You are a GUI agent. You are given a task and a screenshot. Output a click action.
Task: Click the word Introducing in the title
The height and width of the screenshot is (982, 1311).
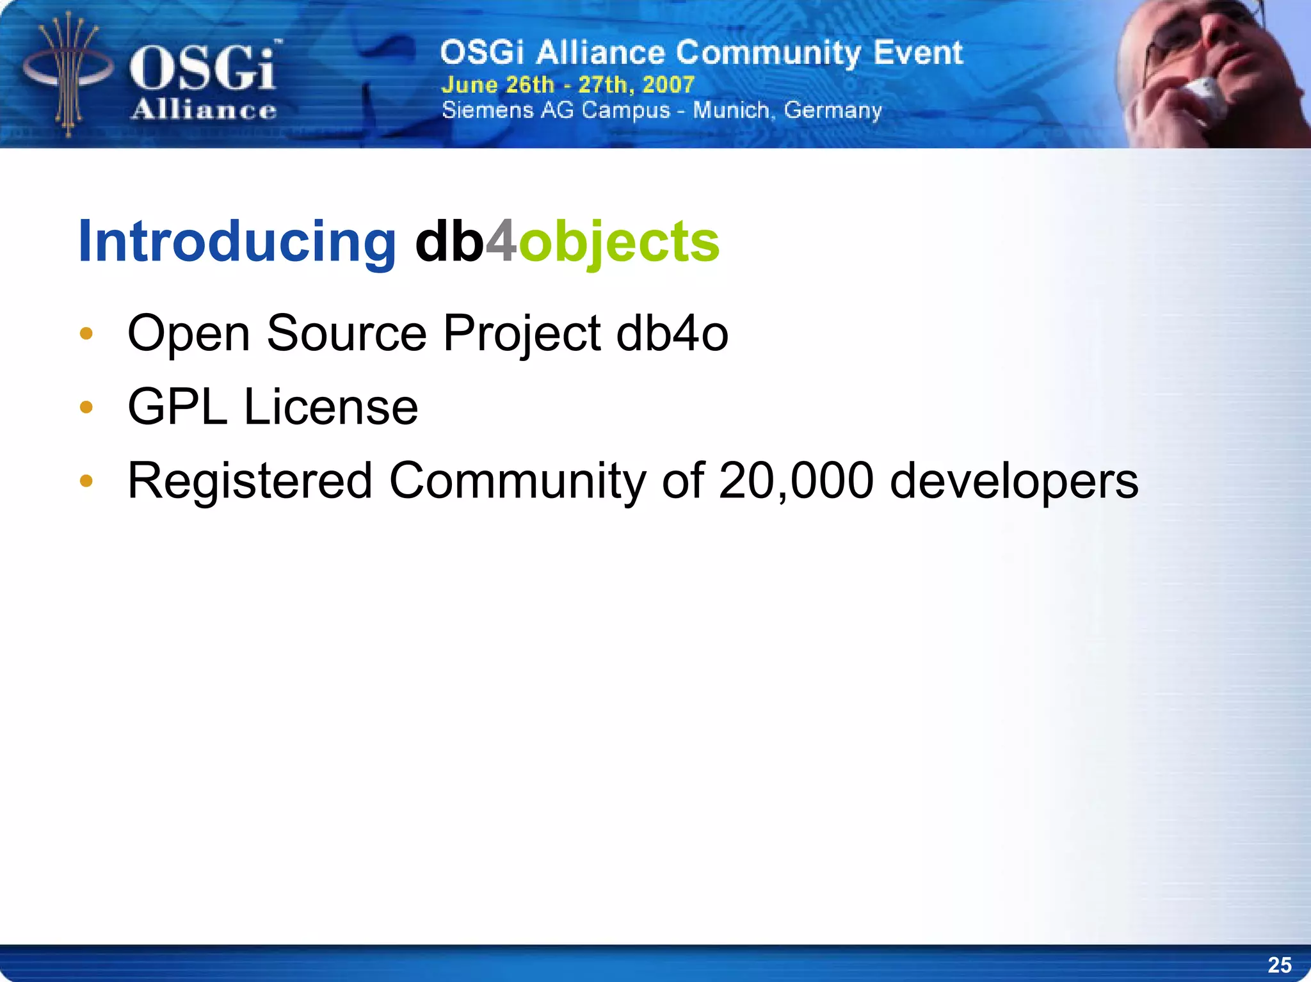[x=237, y=241]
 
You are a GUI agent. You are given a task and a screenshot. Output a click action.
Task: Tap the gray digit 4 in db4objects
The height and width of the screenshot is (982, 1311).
[x=501, y=241]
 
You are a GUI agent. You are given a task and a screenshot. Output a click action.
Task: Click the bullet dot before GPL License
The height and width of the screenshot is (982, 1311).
[x=86, y=407]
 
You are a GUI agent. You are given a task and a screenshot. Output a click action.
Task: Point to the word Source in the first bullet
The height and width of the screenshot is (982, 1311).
[x=346, y=334]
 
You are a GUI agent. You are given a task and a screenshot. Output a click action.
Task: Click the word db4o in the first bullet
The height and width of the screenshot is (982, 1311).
[x=672, y=334]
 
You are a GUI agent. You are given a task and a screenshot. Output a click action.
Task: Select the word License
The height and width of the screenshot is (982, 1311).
[x=330, y=407]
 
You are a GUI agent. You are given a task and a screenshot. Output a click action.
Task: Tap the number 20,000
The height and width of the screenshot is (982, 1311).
[x=796, y=481]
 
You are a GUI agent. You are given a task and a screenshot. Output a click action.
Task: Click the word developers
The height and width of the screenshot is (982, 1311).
[x=1014, y=482]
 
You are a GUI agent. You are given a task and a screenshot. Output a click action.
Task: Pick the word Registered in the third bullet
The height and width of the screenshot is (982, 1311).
[x=250, y=482]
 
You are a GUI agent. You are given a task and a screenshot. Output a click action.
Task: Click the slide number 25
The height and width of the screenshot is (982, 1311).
[x=1279, y=965]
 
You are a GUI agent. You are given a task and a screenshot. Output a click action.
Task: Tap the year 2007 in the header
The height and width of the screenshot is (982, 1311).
[x=668, y=85]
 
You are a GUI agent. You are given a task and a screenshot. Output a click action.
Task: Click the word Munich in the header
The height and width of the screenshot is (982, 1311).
[x=731, y=110]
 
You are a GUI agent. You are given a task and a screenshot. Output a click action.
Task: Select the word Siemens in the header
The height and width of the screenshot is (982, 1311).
[x=487, y=110]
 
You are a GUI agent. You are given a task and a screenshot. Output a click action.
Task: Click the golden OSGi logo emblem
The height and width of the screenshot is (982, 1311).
[x=68, y=74]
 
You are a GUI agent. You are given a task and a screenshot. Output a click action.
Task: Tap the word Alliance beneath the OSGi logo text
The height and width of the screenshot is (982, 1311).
[x=204, y=110]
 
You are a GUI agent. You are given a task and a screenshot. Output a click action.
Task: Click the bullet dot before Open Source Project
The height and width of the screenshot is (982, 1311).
[x=86, y=334]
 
